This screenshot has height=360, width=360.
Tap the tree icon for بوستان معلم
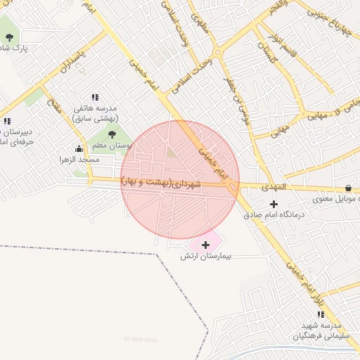point(112,135)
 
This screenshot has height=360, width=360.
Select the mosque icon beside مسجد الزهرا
point(79,149)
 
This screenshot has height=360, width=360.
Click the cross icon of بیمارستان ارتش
point(205,245)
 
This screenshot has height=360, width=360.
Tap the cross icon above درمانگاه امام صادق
point(274,204)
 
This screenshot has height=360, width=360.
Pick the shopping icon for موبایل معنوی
point(348,188)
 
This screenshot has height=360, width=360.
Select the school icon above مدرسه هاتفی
point(95,98)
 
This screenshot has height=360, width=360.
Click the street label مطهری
point(200,27)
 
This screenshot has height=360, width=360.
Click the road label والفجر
point(276,11)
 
